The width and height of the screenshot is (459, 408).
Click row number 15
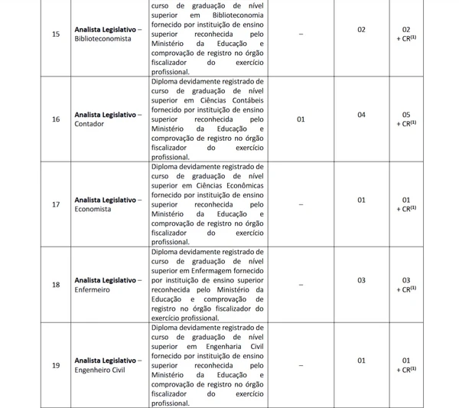54,34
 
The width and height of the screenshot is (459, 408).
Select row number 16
54,119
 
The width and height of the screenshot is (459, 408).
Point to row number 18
54,285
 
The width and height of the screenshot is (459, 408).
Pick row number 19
54,365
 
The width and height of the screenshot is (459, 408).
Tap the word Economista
93,208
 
